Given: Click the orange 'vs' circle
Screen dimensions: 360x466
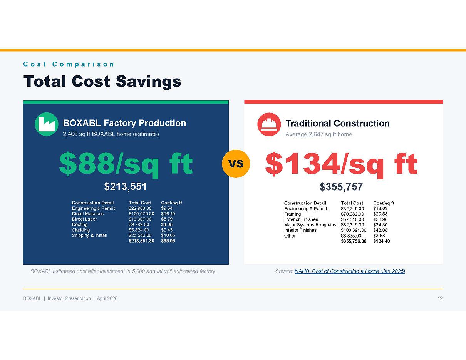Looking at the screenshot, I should point(236,164).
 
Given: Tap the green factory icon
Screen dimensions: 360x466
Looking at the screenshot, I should point(47,124).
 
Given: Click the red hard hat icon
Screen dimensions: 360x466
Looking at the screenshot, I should point(269,124).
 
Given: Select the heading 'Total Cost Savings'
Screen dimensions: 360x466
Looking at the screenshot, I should point(102,81).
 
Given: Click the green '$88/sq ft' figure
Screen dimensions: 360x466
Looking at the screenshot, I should point(126,164).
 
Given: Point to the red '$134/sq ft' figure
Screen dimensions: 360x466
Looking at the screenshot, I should point(341,164).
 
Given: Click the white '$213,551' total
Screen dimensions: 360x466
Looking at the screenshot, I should point(126,186).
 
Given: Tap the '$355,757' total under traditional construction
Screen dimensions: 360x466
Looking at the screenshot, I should point(341,187).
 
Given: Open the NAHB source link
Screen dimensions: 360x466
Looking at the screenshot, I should point(350,271).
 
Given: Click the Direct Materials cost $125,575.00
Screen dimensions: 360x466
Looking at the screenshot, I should point(141,214).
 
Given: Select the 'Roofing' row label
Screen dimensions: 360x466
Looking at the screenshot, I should point(80,224).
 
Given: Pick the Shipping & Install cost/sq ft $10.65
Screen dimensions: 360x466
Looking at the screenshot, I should point(168,235).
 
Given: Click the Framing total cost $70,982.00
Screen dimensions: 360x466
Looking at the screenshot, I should point(352,214).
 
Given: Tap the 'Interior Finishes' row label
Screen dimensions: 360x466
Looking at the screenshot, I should point(300,230).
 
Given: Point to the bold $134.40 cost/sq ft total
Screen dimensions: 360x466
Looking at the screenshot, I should point(381,241).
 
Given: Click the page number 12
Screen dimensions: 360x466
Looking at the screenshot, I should point(440,298).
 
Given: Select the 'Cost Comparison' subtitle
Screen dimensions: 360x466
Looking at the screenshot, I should point(69,64).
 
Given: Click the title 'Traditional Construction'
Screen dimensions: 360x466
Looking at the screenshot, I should point(337,123).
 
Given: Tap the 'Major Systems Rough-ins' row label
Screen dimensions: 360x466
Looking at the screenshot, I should point(310,225).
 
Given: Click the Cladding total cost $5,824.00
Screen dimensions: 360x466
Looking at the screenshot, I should point(139,230).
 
